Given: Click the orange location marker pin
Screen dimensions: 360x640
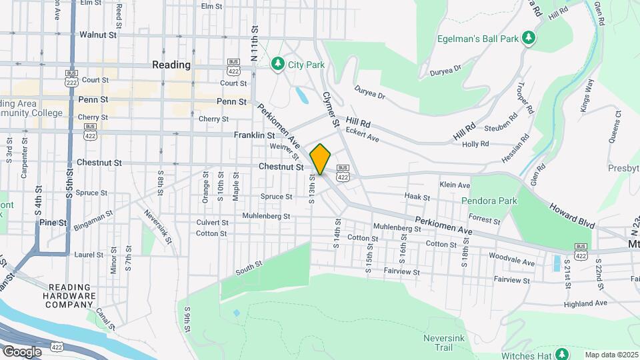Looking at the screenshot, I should [x=321, y=159].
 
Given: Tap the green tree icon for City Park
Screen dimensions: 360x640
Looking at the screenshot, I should [x=278, y=64].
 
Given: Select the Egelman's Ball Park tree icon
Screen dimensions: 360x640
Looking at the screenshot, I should [x=528, y=37].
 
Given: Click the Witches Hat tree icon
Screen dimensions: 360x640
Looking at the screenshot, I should [x=561, y=353].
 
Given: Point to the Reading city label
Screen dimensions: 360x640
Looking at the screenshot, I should [x=171, y=65].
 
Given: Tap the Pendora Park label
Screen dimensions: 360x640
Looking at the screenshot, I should [x=489, y=200].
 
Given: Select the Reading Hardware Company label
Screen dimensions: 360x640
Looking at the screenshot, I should [x=69, y=295].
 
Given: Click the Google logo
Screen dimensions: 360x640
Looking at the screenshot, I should [x=22, y=351].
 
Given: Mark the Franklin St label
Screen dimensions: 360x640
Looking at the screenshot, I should [x=250, y=135].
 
